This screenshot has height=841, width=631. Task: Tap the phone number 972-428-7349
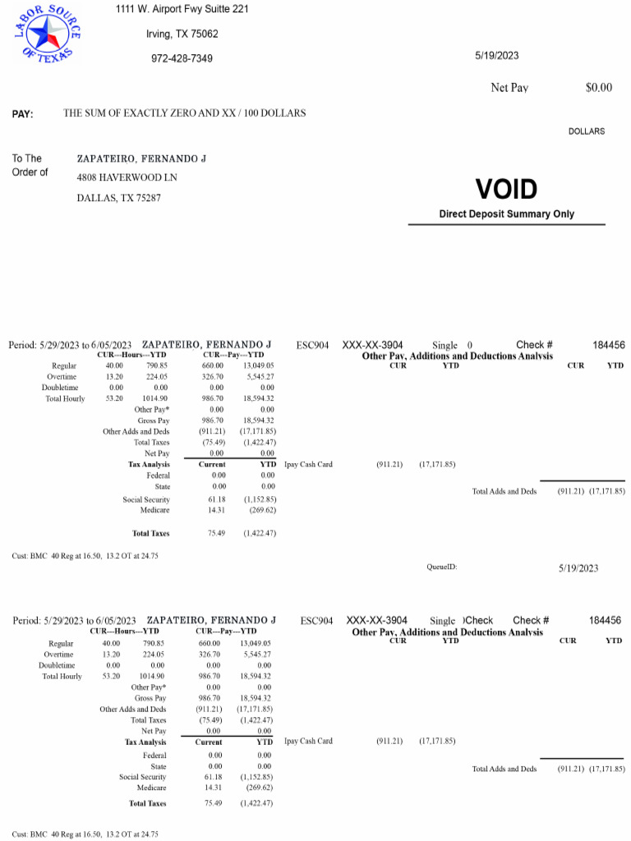(182, 58)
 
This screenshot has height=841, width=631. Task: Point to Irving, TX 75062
(182, 34)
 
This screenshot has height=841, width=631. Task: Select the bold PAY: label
(23, 114)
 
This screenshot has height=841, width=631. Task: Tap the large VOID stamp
(506, 190)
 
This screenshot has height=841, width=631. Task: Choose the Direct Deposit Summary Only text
(506, 214)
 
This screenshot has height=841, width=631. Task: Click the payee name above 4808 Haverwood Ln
(140, 158)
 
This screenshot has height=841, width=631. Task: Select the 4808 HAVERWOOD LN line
(127, 177)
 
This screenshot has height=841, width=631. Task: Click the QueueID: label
(441, 567)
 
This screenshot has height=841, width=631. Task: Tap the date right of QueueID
(578, 568)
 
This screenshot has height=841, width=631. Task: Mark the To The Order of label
(30, 165)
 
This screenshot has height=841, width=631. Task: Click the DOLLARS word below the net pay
(586, 131)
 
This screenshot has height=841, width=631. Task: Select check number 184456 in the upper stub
(609, 345)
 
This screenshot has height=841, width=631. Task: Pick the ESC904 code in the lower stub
(317, 620)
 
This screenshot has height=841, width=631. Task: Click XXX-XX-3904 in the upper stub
(374, 345)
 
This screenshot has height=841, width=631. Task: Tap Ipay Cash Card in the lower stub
(308, 741)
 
